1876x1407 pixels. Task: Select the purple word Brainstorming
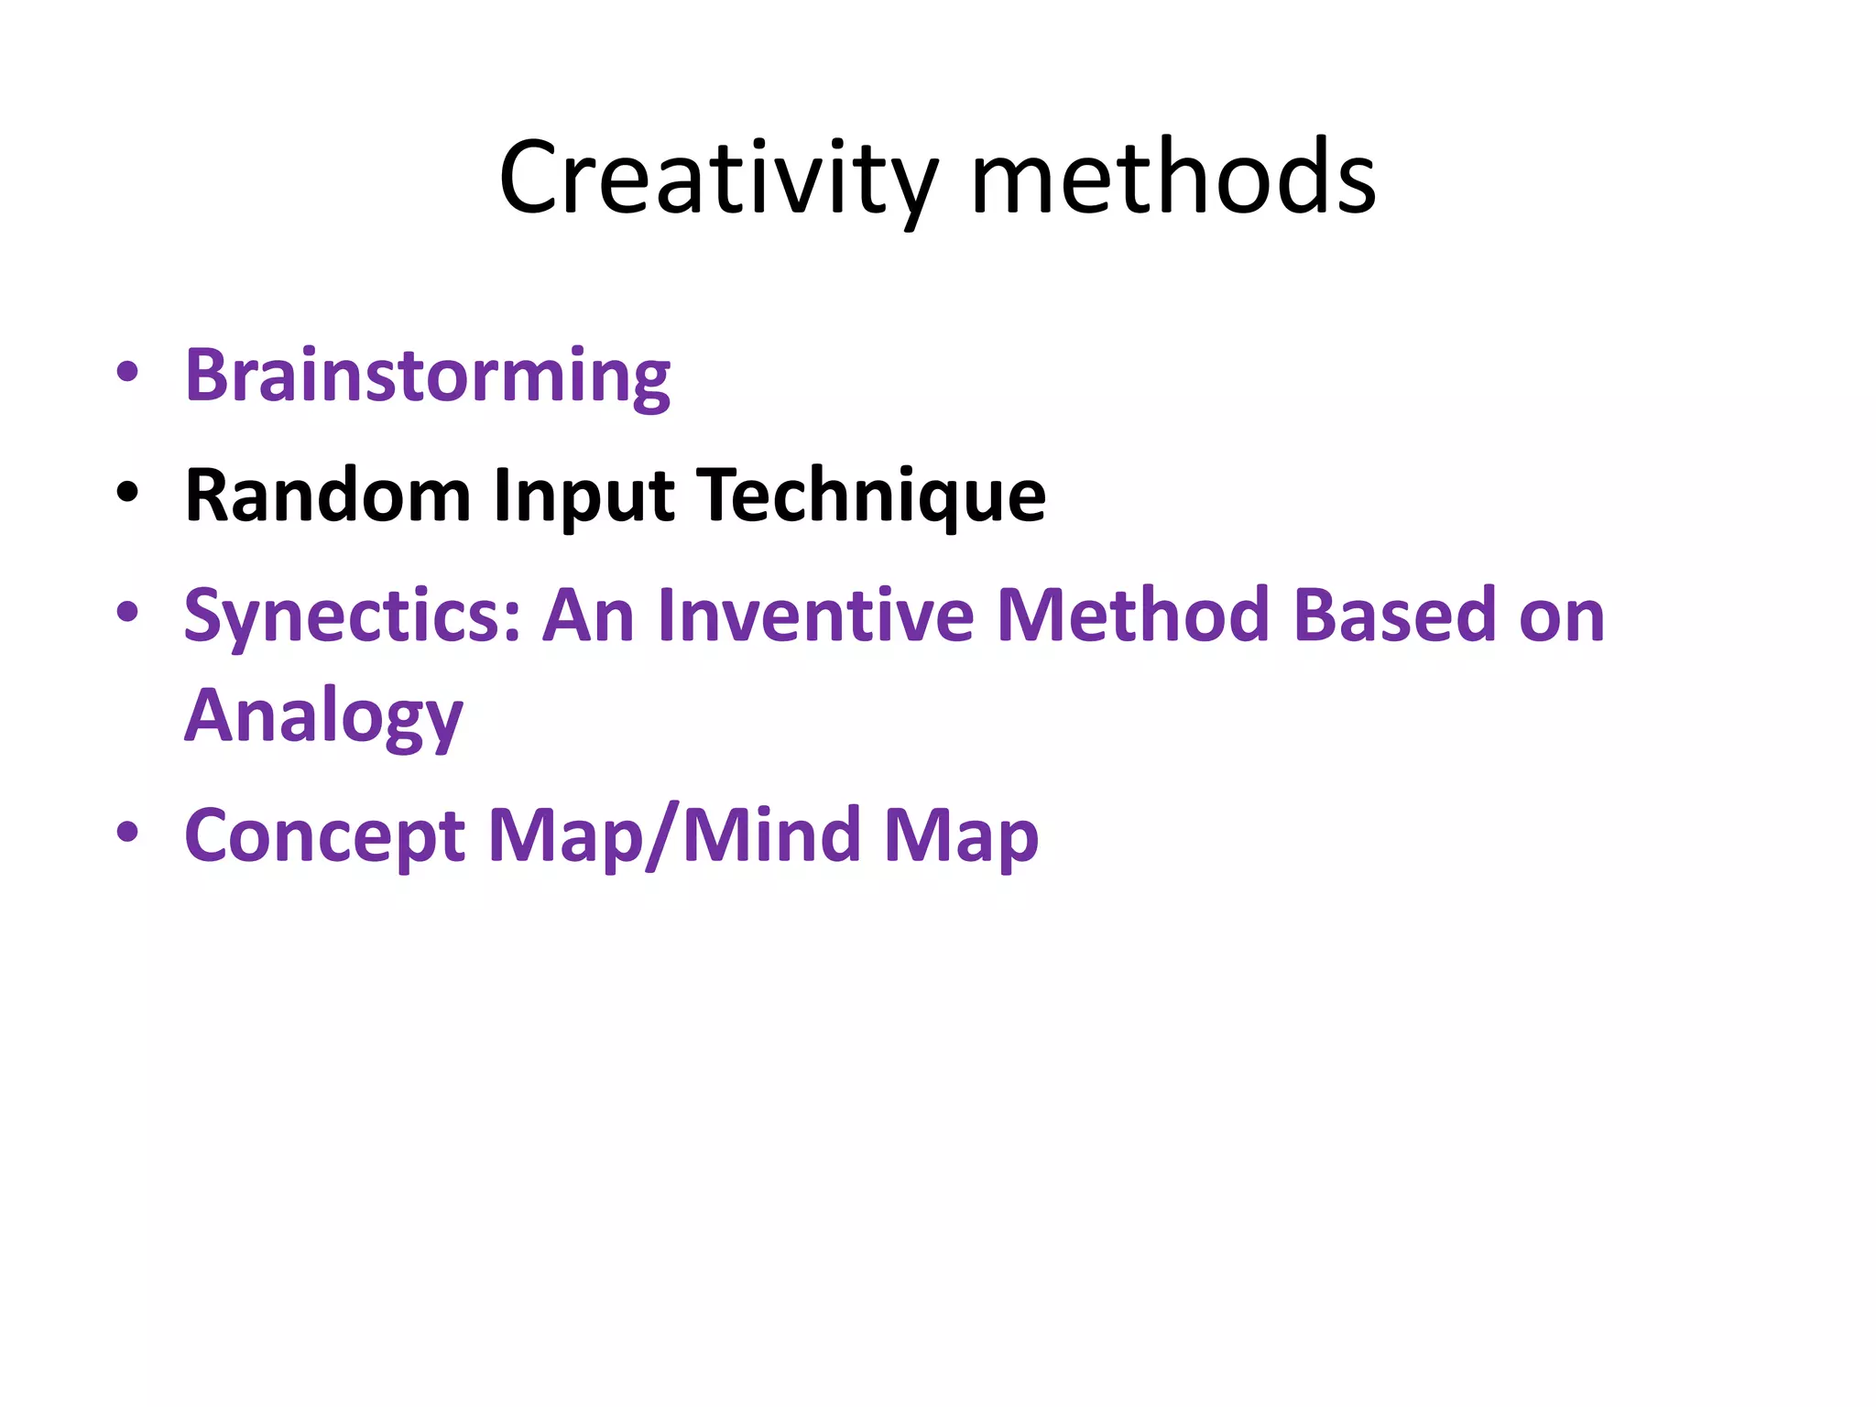(427, 376)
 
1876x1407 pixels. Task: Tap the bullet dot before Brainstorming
(127, 372)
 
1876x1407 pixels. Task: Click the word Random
(327, 496)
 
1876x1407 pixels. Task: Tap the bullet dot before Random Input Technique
(127, 493)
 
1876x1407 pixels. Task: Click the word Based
(1394, 616)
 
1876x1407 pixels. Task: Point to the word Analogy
(323, 717)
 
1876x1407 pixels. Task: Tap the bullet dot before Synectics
(127, 612)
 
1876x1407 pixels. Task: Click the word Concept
(325, 837)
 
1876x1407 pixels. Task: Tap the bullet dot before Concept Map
(127, 832)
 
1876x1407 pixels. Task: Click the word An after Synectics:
(588, 616)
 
